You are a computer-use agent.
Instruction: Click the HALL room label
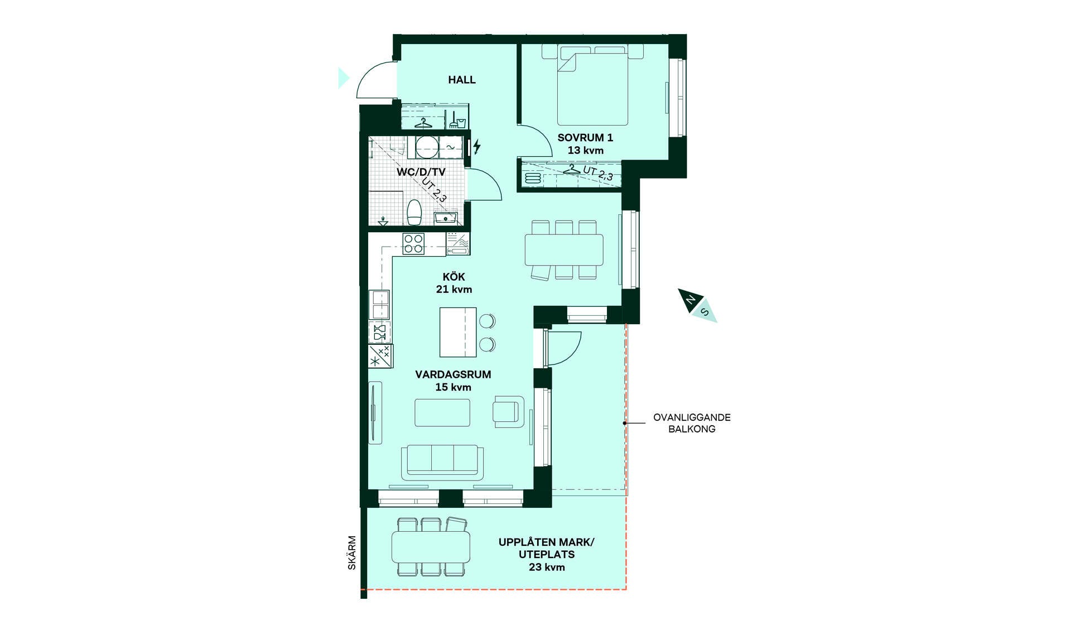click(462, 80)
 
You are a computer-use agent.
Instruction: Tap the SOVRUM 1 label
click(585, 137)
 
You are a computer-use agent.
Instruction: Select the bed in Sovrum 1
click(592, 85)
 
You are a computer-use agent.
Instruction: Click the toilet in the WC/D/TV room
click(414, 212)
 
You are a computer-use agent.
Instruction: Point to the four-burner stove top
click(413, 244)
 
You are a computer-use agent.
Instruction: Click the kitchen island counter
click(458, 332)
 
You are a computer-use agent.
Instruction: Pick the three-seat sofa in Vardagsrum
click(442, 462)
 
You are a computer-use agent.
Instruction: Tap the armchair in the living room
click(508, 412)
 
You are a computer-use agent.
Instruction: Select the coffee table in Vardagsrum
click(442, 412)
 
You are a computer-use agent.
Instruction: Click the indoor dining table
click(564, 250)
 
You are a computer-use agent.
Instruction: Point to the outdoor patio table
click(431, 547)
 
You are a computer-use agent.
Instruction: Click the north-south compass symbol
click(698, 305)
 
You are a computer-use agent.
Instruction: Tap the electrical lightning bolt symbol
click(477, 146)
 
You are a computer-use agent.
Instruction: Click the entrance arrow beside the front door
click(344, 78)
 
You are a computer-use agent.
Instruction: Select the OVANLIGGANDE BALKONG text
click(692, 423)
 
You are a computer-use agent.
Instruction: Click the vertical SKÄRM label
click(352, 553)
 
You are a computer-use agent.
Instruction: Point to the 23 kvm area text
click(547, 567)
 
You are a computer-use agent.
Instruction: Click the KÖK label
click(454, 277)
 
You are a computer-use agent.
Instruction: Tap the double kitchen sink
click(379, 305)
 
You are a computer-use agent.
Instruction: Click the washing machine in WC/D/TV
click(427, 147)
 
